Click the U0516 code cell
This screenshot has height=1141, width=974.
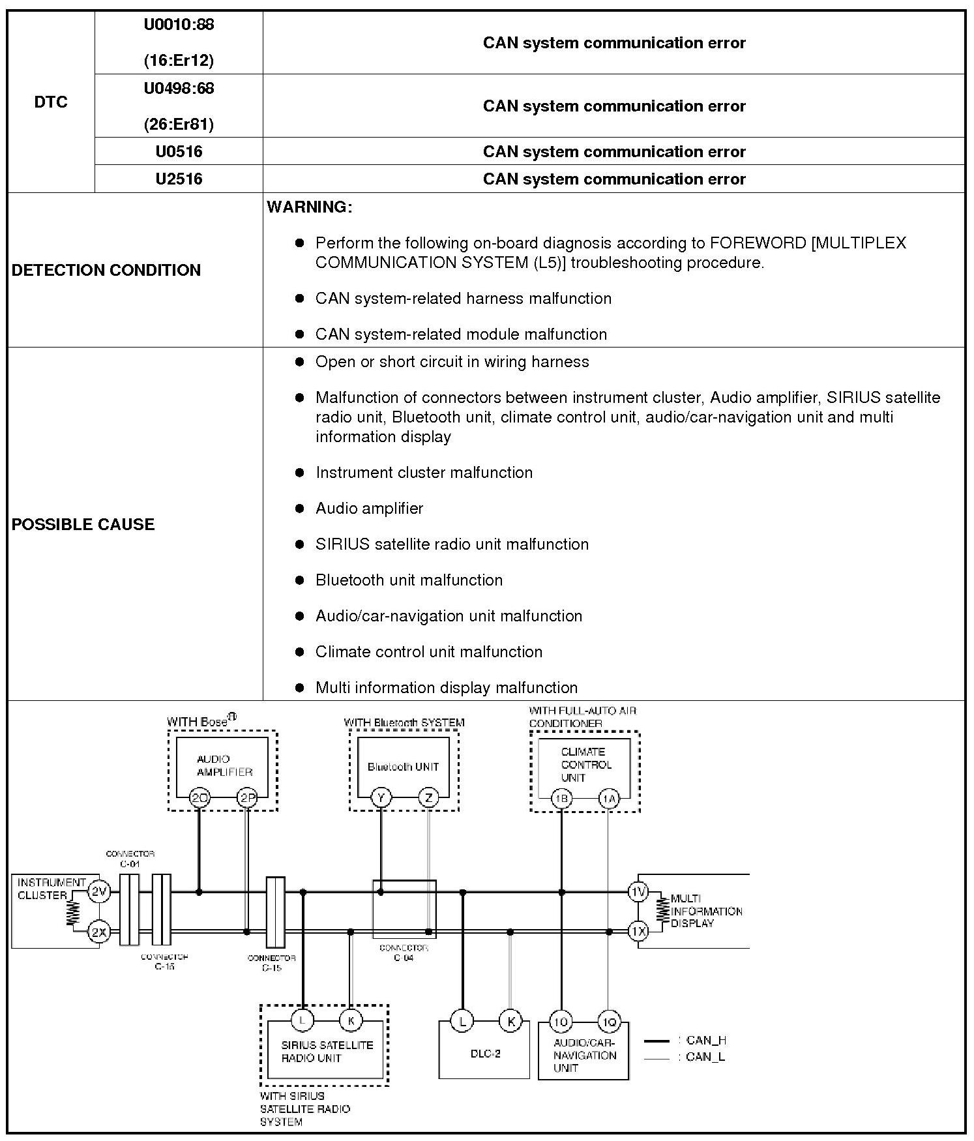pyautogui.click(x=179, y=152)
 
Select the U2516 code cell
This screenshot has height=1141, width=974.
pyautogui.click(x=179, y=179)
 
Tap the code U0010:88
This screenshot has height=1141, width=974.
pyautogui.click(x=179, y=25)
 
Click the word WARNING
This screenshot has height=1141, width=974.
pyautogui.click(x=310, y=207)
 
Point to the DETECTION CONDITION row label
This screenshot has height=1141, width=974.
pyautogui.click(x=106, y=270)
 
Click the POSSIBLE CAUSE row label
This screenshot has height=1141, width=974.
pyautogui.click(x=83, y=524)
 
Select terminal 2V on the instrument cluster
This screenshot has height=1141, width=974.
pyautogui.click(x=98, y=891)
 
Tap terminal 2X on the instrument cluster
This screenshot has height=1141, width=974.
pyautogui.click(x=98, y=932)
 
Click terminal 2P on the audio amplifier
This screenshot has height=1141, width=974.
pyautogui.click(x=247, y=797)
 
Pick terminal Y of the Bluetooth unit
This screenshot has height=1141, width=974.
pyautogui.click(x=381, y=797)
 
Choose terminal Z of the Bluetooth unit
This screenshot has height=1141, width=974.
pyautogui.click(x=428, y=797)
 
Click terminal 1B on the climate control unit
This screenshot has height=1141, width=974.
pyautogui.click(x=561, y=798)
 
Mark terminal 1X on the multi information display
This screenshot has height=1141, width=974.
pyautogui.click(x=638, y=932)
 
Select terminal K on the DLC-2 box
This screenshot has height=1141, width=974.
pyautogui.click(x=510, y=1021)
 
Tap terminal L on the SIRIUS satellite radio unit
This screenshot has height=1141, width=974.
pyautogui.click(x=303, y=1020)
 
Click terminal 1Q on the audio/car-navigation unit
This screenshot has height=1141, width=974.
pyautogui.click(x=609, y=1022)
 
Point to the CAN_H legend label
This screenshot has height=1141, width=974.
pyautogui.click(x=706, y=1041)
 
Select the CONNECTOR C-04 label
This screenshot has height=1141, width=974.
pyautogui.click(x=404, y=953)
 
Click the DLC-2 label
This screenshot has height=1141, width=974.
pyautogui.click(x=485, y=1054)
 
